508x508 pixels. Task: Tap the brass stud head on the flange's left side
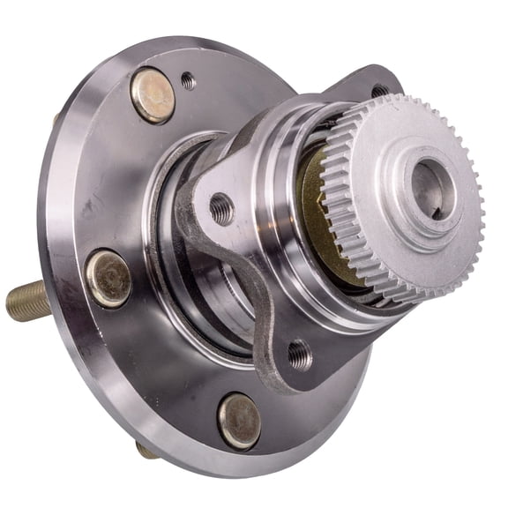[x=108, y=278]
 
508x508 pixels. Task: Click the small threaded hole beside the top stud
[x=188, y=81]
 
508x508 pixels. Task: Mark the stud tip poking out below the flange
[x=146, y=451]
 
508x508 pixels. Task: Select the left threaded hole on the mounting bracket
[x=221, y=209]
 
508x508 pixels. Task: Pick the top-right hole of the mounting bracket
[x=379, y=91]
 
